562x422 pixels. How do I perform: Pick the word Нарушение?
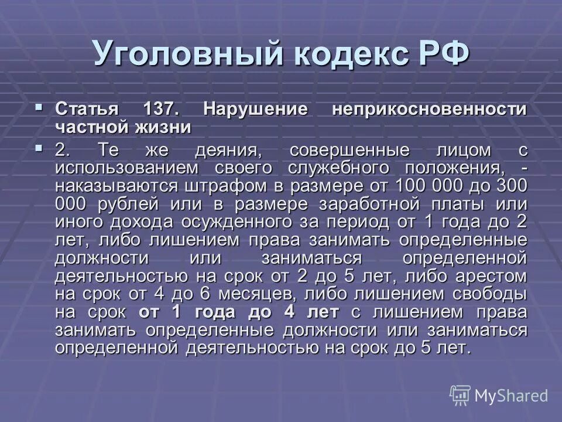(x=256, y=110)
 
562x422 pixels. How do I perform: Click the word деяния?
(x=227, y=150)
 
